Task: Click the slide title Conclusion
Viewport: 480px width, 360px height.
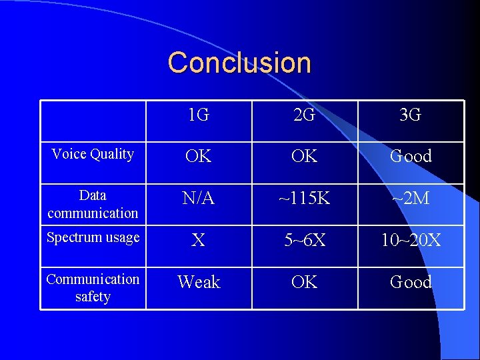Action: point(239,63)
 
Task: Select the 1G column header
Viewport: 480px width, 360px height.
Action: point(199,115)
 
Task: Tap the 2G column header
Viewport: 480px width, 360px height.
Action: point(305,115)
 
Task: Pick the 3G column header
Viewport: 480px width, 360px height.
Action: point(411,115)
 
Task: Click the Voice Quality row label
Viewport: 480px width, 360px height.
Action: point(93,154)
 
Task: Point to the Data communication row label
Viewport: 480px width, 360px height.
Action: point(93,204)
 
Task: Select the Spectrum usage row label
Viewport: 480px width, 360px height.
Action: point(93,237)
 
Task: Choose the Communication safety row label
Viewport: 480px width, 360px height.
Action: point(93,287)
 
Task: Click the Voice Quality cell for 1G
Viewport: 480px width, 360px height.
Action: point(199,156)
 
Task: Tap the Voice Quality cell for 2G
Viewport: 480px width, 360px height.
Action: point(305,156)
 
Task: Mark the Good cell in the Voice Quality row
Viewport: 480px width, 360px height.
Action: point(411,156)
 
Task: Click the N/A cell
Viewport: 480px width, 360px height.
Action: point(199,198)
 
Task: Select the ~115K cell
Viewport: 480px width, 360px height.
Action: point(305,198)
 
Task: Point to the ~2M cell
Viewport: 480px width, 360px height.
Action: point(411,198)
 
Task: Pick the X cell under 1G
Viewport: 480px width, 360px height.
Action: point(199,240)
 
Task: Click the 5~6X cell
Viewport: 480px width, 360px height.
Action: point(305,240)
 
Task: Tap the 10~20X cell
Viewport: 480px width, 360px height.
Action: point(411,240)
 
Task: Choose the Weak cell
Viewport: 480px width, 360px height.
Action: point(199,282)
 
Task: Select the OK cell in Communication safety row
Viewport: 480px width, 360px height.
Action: point(305,282)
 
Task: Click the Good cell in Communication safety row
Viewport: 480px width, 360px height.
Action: point(411,282)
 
